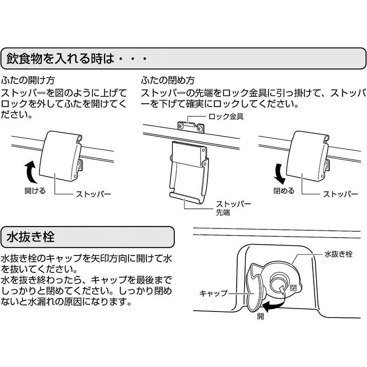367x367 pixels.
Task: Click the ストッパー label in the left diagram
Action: tap(94, 194)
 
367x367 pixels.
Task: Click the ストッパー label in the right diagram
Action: tap(340, 194)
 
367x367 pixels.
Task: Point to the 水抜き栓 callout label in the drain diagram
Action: tap(338, 254)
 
